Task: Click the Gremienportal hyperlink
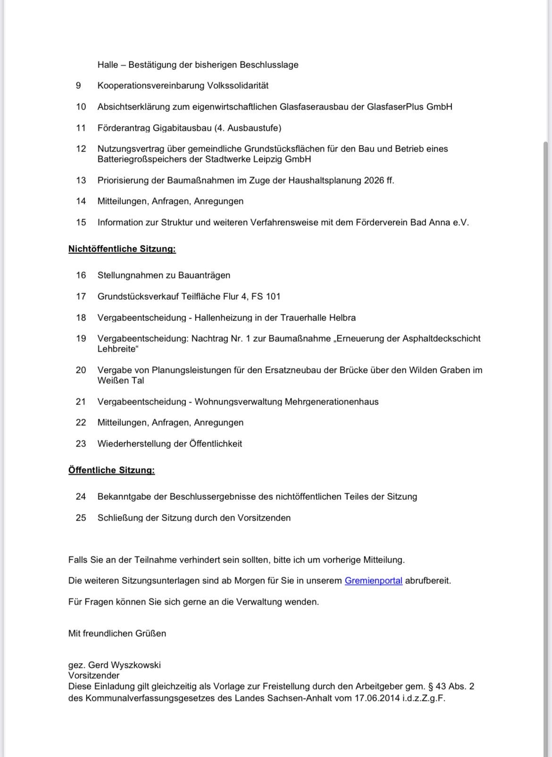coord(373,581)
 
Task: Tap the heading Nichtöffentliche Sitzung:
coord(122,249)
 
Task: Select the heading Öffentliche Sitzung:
coord(111,470)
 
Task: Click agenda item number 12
coord(81,149)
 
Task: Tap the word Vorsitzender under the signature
coord(94,675)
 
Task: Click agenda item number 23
coord(81,444)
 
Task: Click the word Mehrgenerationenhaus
coord(332,402)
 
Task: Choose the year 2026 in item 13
coord(374,180)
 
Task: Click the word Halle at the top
coord(108,65)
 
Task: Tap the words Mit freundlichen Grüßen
coord(117,633)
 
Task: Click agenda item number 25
coord(81,518)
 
